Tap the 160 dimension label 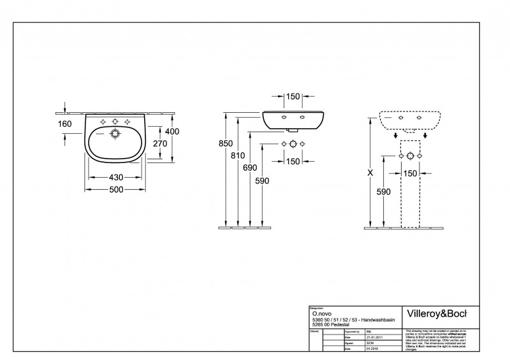pos(64,124)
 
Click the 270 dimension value pos(160,144)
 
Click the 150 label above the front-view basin pos(293,97)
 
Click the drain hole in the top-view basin pos(115,134)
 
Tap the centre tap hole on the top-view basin pos(115,121)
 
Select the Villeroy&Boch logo pos(437,313)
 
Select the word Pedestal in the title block pos(339,326)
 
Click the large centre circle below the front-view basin pos(293,144)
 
